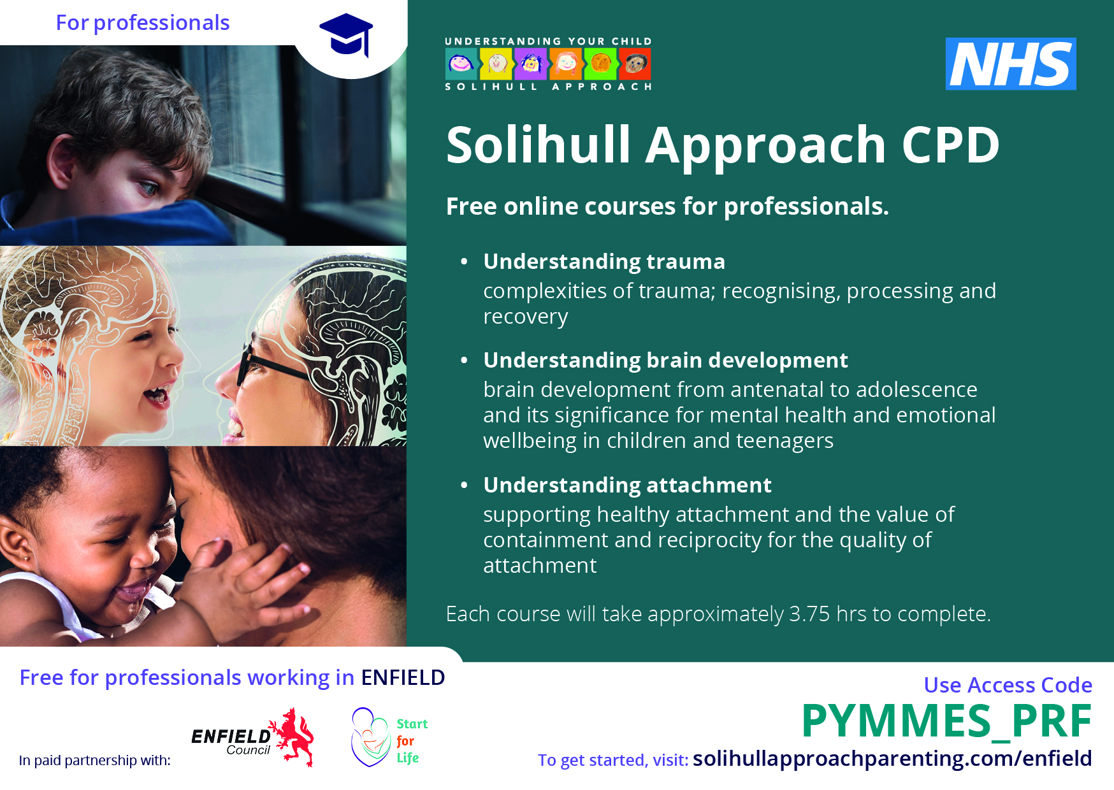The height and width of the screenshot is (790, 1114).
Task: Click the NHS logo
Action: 1011,64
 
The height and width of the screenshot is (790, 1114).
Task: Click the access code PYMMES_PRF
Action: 946,722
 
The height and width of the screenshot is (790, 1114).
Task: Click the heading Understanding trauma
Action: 604,262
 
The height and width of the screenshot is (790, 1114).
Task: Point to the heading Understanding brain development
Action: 665,361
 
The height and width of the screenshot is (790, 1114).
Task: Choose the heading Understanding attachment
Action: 627,485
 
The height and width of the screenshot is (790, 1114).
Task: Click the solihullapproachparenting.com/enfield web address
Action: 892,758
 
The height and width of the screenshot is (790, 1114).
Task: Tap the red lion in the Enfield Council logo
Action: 292,736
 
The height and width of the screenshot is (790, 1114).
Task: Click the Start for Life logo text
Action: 412,741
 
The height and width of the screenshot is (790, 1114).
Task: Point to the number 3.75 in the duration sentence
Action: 809,614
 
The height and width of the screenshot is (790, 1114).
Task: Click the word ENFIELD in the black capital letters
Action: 403,677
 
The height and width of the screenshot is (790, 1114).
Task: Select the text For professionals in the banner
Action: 143,23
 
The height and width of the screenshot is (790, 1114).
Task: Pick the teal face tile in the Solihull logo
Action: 461,64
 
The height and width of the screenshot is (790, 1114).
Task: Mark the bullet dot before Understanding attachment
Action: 464,485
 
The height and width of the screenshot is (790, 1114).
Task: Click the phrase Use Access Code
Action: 1008,685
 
